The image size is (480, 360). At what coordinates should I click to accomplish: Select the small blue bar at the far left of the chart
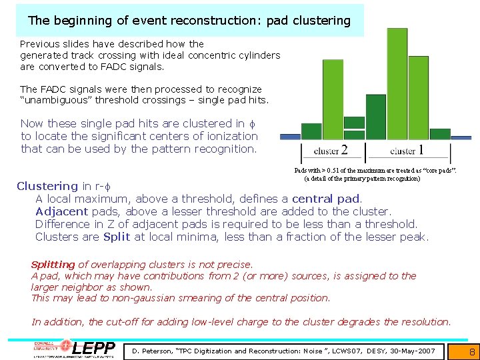click(x=290, y=137)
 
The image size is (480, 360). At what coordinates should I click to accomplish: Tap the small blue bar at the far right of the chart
click(x=461, y=138)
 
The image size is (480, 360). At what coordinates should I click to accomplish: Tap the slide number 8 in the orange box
click(x=471, y=351)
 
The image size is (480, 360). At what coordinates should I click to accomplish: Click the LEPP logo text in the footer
click(x=93, y=349)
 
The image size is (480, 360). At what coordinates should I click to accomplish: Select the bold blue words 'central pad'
click(x=326, y=199)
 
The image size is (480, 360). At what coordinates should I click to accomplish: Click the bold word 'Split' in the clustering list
click(x=117, y=237)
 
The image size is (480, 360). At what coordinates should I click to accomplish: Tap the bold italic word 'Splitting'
click(x=53, y=265)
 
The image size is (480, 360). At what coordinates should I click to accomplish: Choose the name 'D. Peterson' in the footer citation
click(x=155, y=351)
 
